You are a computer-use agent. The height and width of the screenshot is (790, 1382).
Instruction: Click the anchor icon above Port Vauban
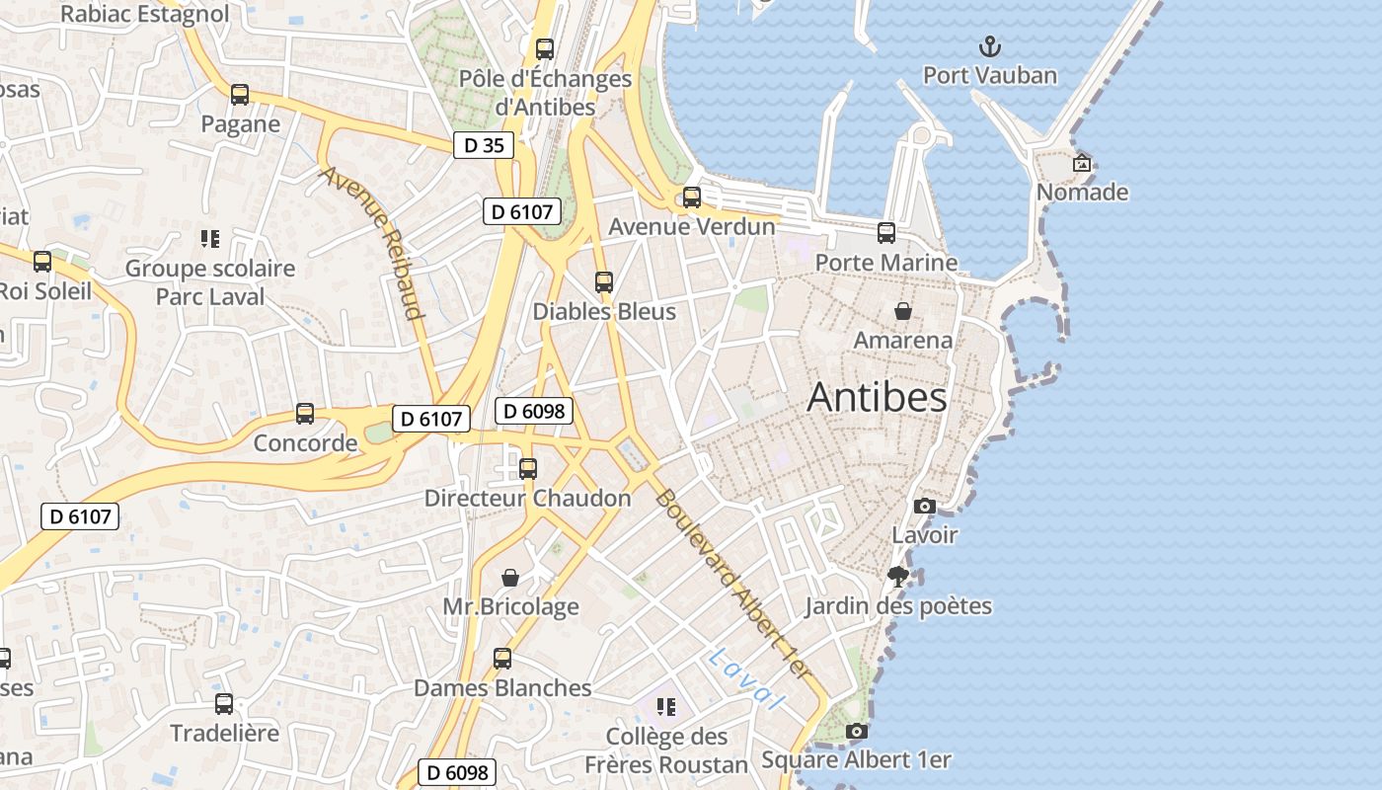(x=989, y=46)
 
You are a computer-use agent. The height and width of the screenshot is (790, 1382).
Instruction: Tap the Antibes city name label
(x=877, y=397)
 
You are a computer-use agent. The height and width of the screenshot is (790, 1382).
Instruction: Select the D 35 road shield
(x=484, y=145)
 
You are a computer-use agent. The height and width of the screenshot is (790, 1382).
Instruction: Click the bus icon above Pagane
(x=240, y=95)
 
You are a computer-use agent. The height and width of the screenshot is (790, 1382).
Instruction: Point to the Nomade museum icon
(x=1082, y=163)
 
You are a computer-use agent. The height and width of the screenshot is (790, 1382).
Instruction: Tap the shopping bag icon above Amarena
(x=902, y=311)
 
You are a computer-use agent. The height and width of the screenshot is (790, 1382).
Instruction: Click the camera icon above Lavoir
(x=924, y=506)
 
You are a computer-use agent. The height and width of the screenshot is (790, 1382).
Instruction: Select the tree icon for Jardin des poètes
(x=897, y=576)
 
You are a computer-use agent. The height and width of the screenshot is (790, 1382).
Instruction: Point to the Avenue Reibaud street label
(x=372, y=243)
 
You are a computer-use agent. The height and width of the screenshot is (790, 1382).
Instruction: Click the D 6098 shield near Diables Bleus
(x=534, y=411)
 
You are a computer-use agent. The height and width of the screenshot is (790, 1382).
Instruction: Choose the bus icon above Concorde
(x=305, y=414)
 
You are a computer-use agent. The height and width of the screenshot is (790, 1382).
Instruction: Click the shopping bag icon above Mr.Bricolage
(x=510, y=578)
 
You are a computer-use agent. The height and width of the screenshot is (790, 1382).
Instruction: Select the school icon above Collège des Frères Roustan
(x=666, y=707)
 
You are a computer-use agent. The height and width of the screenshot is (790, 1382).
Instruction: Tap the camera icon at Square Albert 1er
(x=856, y=731)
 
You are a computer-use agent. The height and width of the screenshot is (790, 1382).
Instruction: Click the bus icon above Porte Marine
(x=886, y=233)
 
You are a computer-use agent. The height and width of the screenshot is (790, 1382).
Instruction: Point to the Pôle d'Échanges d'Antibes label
(x=546, y=92)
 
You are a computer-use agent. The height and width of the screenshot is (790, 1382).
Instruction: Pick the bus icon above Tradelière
(x=224, y=704)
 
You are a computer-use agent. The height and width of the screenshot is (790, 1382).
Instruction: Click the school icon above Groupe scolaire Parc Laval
(x=209, y=239)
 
